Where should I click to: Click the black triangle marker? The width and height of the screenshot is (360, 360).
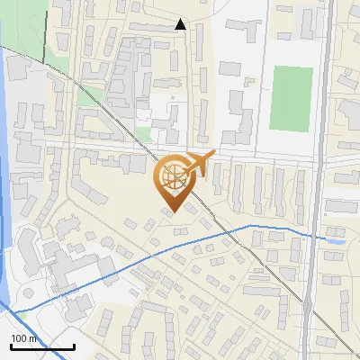(181, 24)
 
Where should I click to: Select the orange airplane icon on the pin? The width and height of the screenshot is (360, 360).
(200, 165)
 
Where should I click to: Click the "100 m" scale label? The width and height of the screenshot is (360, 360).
(22, 338)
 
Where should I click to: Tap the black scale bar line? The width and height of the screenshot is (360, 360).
(41, 346)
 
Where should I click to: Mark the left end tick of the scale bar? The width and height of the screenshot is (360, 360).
(10, 345)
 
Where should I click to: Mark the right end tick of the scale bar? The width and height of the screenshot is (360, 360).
(74, 345)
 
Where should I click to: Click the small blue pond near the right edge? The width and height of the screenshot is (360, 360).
(335, 239)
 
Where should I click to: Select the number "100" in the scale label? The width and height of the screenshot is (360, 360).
(18, 338)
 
